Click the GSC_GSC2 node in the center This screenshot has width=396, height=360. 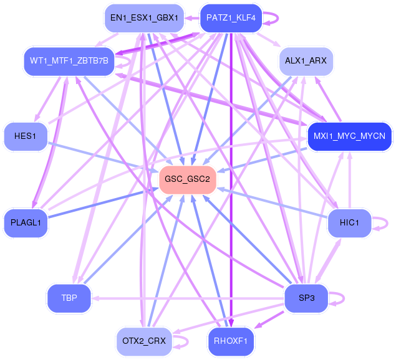pyautogui.click(x=188, y=179)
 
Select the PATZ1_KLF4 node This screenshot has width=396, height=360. pyautogui.click(x=231, y=17)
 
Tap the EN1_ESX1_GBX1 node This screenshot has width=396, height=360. pyautogui.click(x=144, y=17)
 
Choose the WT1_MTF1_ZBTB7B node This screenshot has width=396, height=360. pyautogui.click(x=69, y=61)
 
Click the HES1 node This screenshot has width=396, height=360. pyautogui.click(x=26, y=136)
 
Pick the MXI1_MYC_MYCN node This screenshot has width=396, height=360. pyautogui.click(x=349, y=136)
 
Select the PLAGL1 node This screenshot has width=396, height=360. pyautogui.click(x=26, y=223)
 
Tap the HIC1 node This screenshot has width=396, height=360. pyautogui.click(x=349, y=223)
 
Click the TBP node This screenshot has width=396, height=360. pyautogui.click(x=69, y=298)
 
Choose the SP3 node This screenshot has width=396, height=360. pyautogui.click(x=306, y=298)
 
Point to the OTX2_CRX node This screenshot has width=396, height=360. pyautogui.click(x=144, y=341)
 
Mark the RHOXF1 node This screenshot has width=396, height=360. pyautogui.click(x=231, y=341)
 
